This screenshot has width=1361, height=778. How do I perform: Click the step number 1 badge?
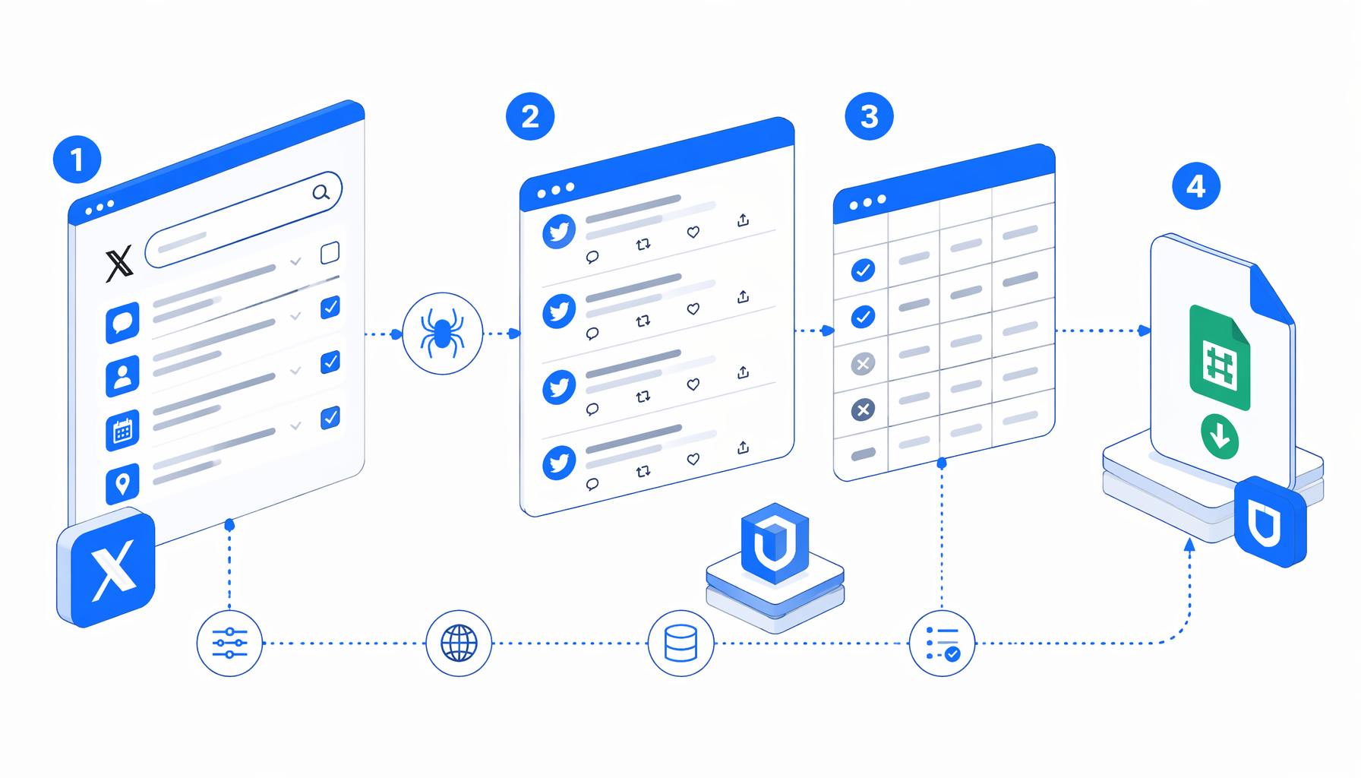coord(77,160)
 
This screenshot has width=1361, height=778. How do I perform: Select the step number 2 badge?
coord(530,116)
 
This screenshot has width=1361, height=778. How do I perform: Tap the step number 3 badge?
coord(869,116)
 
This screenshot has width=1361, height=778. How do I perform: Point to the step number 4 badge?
coord(1196,186)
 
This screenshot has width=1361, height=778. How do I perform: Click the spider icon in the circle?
coord(443,334)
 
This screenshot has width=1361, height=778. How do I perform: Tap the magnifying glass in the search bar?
coord(321,192)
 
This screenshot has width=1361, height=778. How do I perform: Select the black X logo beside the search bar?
coord(118,264)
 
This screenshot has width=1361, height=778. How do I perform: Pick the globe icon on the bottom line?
coord(459,644)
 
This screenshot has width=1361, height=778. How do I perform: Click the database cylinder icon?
coord(680,644)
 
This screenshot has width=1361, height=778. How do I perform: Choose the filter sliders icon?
coord(229,643)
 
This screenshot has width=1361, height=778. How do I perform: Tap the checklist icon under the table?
coord(943,644)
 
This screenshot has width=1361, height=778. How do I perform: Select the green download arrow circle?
coord(1220,436)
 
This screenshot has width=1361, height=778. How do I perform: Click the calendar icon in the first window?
coord(122,430)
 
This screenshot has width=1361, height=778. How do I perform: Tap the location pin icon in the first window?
coord(122,483)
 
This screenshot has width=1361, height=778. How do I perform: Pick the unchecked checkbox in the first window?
coord(330,253)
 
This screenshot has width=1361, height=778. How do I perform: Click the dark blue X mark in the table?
coord(863,410)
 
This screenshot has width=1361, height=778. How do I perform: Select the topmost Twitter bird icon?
coord(559,232)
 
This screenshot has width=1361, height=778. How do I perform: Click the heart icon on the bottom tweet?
coord(693,459)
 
